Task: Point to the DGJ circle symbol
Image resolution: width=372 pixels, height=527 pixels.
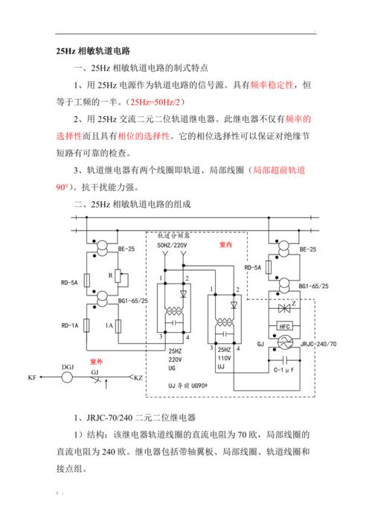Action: (x=67, y=377)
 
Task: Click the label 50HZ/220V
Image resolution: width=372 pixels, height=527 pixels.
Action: (x=173, y=244)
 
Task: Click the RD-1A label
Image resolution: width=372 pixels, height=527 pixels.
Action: (x=70, y=325)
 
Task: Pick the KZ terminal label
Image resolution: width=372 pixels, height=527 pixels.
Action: (x=138, y=378)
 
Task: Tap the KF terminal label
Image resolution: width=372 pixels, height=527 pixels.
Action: (x=32, y=378)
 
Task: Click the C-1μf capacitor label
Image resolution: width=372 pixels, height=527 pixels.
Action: (x=285, y=370)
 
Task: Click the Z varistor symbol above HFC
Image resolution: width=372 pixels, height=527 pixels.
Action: (x=284, y=307)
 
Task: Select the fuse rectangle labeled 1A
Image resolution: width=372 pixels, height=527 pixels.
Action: (x=119, y=325)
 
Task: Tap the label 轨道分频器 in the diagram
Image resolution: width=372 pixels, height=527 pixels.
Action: (x=174, y=235)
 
